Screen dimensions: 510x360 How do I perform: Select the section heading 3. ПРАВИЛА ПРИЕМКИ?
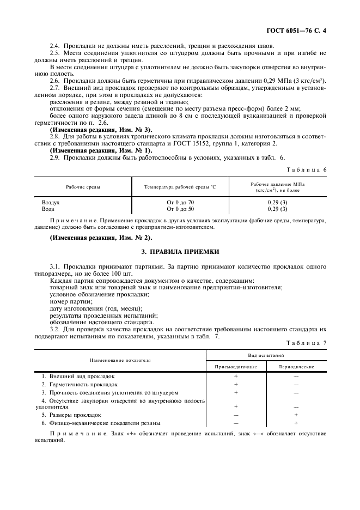[180, 252]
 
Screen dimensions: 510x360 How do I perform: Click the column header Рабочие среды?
[83, 187]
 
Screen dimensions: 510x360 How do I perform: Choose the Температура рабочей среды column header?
[180, 187]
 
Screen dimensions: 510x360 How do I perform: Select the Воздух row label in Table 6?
[51, 202]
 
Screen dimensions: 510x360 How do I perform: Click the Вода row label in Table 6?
[48, 209]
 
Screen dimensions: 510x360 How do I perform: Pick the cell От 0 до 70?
[180, 202]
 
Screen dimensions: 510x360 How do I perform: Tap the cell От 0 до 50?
[180, 209]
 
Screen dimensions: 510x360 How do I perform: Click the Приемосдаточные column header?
[236, 367]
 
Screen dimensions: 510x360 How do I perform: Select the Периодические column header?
[296, 367]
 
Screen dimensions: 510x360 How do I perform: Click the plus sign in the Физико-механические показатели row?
[296, 423]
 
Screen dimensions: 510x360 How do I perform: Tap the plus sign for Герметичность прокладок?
[236, 384]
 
